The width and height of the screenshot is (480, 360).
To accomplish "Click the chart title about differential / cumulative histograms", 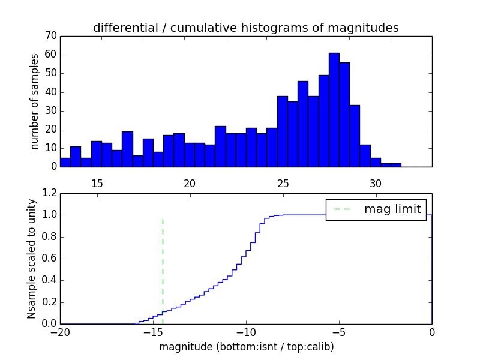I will coord(246,28).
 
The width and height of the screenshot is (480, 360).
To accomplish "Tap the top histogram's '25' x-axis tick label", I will coord(283,183).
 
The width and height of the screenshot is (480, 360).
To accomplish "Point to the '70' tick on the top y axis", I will coord(50,36).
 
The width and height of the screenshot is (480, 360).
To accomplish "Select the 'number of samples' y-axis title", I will coord(35,101).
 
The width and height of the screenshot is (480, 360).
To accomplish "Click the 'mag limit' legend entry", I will coord(376,209).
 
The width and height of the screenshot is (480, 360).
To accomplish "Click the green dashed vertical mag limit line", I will coord(163,264).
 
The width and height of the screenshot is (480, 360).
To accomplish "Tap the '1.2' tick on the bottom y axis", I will coord(49,193).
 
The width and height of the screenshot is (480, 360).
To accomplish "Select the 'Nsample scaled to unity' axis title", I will coord(31,259).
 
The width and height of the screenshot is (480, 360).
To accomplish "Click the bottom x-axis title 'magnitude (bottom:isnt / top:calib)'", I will coord(246,347).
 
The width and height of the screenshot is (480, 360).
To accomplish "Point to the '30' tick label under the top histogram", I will coord(376,183).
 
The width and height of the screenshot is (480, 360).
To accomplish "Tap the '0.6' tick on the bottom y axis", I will coord(49,259).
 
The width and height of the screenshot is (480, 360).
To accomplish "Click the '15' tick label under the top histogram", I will coord(97,183).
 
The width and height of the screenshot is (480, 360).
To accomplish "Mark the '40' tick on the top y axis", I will coord(50,92).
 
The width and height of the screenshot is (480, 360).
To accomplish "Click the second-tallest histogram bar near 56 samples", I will coord(344,115).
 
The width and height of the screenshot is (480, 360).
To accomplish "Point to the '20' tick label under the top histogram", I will coord(190,183).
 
